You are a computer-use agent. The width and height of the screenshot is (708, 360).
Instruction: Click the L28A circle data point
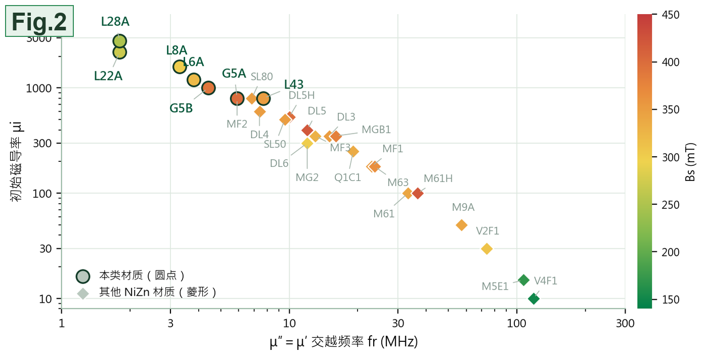pyautogui.click(x=119, y=41)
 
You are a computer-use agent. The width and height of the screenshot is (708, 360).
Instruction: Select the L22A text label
pyautogui.click(x=108, y=76)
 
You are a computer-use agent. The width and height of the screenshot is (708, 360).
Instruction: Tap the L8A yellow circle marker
pyautogui.click(x=180, y=67)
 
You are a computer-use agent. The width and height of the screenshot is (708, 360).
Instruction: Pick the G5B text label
pyautogui.click(x=181, y=108)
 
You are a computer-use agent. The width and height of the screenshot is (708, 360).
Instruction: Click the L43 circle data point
pyautogui.click(x=263, y=99)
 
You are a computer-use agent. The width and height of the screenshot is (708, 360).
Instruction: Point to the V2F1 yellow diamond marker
pyautogui.click(x=486, y=249)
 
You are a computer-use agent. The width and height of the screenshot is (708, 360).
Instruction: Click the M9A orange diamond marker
pyautogui.click(x=461, y=225)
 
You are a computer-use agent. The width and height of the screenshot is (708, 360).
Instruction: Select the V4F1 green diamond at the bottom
pyautogui.click(x=534, y=298)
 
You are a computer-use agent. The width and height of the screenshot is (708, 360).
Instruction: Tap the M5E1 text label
pyautogui.click(x=495, y=286)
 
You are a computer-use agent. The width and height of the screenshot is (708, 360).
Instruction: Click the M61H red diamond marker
pyautogui.click(x=418, y=193)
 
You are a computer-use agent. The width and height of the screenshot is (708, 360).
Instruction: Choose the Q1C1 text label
pyautogui.click(x=347, y=177)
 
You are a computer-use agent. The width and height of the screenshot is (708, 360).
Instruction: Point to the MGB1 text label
pyautogui.click(x=376, y=129)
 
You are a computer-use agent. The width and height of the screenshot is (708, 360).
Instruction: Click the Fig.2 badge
pyautogui.click(x=39, y=21)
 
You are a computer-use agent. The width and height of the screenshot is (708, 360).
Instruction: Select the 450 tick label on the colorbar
pyautogui.click(x=670, y=15)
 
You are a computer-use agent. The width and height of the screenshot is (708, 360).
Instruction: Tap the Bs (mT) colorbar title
pyautogui.click(x=690, y=162)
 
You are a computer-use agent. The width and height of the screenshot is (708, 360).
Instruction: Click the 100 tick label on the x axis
pyautogui.click(x=516, y=323)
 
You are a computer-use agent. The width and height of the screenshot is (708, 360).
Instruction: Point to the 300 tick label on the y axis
pyautogui.click(x=42, y=143)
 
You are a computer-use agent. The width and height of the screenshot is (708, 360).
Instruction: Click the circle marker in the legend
pyautogui.click(x=83, y=276)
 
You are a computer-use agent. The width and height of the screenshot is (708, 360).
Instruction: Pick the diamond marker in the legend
pyautogui.click(x=83, y=293)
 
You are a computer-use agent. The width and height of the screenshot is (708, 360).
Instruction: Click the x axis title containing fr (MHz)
pyautogui.click(x=343, y=342)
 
